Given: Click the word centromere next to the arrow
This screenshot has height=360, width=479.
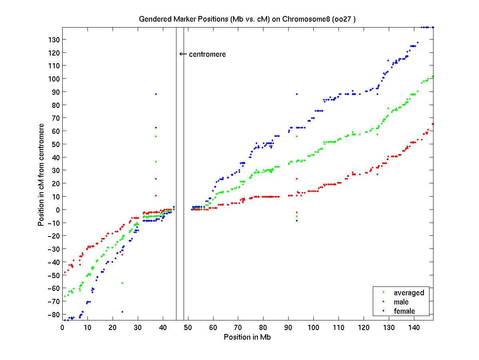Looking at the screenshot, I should [x=207, y=54].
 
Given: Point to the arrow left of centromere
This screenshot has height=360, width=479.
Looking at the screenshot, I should [x=183, y=54].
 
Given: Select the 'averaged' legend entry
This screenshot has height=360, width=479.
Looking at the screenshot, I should [x=409, y=293].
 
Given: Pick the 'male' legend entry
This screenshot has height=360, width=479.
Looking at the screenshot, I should [x=401, y=302].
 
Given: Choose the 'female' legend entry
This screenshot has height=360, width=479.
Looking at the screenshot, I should [x=404, y=311].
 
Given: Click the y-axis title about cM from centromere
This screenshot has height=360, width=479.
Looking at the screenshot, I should [x=41, y=174].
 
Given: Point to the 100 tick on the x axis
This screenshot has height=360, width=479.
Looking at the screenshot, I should [x=314, y=327].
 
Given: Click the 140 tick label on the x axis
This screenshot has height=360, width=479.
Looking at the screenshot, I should [x=414, y=327].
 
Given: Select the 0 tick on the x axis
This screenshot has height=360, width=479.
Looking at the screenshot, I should [x=63, y=327].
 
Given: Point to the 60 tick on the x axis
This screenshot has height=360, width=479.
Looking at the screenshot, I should [x=213, y=327].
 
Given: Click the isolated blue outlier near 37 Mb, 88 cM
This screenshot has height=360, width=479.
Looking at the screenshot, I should [x=156, y=94].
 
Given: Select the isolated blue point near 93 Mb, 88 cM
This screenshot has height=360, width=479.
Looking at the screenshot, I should [x=297, y=94].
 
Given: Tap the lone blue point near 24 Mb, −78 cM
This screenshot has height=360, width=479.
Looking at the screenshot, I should [x=122, y=312].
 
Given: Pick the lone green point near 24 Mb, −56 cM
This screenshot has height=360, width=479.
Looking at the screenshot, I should [x=122, y=283].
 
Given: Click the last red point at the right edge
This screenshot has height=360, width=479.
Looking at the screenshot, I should [x=433, y=124].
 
